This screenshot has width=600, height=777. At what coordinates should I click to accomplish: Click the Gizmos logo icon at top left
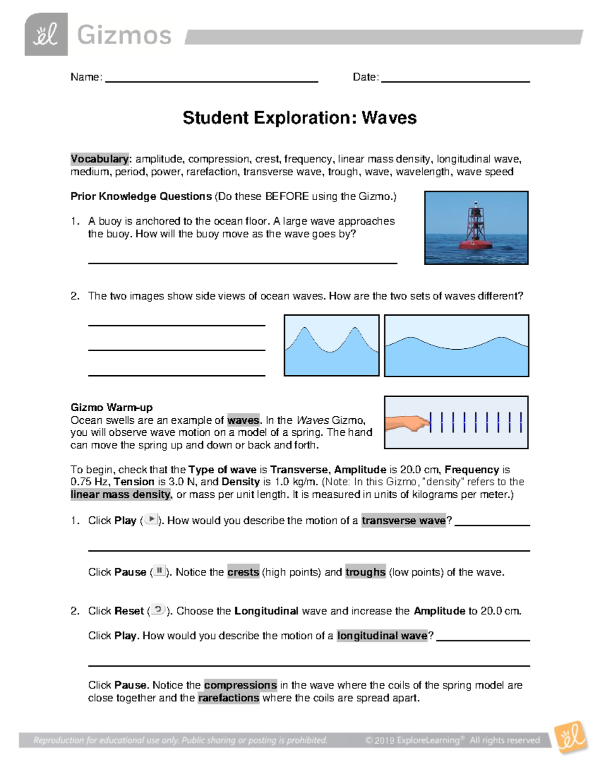tap(46, 35)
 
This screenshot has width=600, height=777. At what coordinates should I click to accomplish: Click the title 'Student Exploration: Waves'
tap(299, 118)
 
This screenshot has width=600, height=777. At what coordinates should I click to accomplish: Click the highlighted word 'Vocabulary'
tap(99, 159)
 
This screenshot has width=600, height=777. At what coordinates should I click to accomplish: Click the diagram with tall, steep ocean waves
tap(331, 345)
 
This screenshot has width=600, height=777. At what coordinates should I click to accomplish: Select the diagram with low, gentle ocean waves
tap(456, 345)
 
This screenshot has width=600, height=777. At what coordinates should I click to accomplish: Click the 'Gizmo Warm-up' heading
tap(111, 407)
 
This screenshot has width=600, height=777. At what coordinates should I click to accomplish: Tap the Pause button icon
tap(159, 571)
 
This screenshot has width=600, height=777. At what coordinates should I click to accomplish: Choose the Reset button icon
tap(157, 610)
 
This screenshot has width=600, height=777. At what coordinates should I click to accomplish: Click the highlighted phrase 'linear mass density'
tap(120, 494)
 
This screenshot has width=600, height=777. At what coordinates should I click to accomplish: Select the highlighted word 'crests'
tap(243, 572)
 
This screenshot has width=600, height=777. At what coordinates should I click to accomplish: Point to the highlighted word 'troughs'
tap(365, 572)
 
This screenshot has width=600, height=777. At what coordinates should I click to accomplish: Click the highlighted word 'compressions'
tap(240, 685)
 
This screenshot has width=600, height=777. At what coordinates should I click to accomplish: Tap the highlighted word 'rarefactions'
tap(228, 698)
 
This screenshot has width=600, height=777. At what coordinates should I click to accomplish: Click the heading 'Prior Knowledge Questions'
tap(141, 196)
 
